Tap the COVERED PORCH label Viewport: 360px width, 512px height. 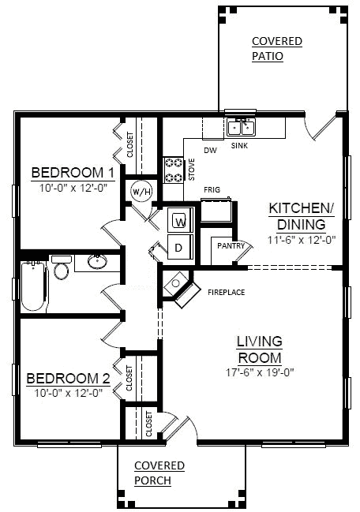pos(159,473)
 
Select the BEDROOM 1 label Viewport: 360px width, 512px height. pos(73,173)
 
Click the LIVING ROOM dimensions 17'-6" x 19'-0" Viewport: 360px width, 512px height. pos(260,370)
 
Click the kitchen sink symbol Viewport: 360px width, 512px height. pos(239,127)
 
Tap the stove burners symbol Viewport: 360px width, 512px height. pos(173,169)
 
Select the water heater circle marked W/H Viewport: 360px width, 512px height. pos(141,192)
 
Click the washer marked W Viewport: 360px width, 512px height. pos(179,220)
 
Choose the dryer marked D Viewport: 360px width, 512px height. pos(179,247)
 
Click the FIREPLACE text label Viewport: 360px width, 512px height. pos(227,293)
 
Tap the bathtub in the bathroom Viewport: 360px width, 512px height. pos(33,284)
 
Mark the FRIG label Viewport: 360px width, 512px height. pos(212,190)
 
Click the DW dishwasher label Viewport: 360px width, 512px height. pos(210,150)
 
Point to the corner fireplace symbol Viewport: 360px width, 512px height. pos(178,286)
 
